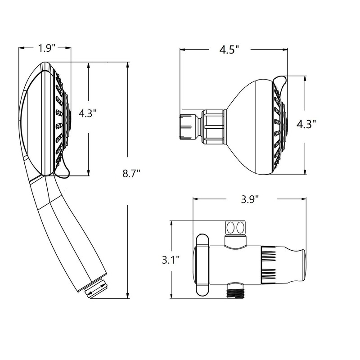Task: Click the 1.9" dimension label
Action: pos(47,48)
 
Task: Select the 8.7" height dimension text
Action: pos(131,174)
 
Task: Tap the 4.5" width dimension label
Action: pos(229,49)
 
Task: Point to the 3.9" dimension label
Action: pos(250,199)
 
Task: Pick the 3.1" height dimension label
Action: pos(171,260)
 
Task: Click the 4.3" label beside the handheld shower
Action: pos(87,113)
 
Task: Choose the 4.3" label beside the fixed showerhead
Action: pos(306,125)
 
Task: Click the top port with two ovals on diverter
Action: pos(235,228)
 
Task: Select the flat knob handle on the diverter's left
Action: pos(202,265)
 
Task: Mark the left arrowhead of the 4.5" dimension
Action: pos(183,49)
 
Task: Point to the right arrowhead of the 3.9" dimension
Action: pos(303,199)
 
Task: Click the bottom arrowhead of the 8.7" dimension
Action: pos(128,295)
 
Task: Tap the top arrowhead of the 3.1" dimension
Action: pos(171,224)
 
